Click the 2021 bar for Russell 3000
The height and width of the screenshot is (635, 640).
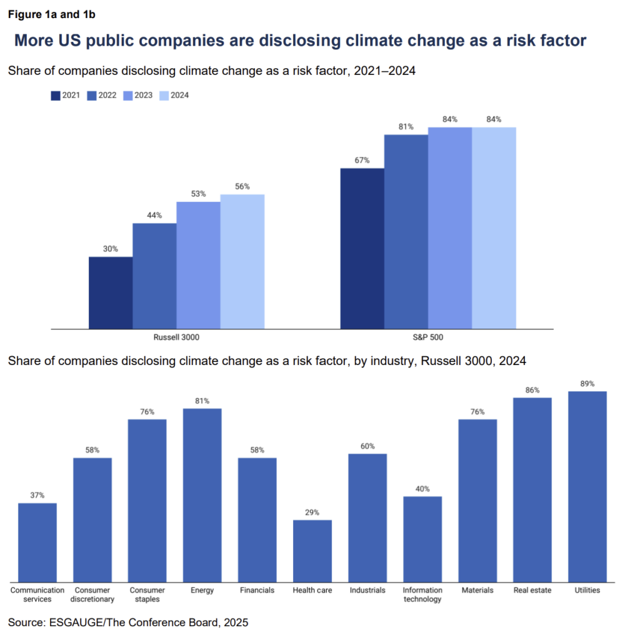click(x=111, y=292)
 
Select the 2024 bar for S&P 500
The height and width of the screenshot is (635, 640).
click(x=494, y=227)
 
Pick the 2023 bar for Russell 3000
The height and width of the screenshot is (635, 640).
click(x=198, y=265)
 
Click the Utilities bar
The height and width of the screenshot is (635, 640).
click(x=587, y=486)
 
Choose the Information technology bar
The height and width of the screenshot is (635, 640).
click(x=422, y=538)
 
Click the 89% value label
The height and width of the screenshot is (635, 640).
click(x=587, y=383)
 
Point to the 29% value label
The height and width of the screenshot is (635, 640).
click(x=312, y=512)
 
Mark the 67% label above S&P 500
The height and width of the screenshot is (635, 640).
click(x=362, y=160)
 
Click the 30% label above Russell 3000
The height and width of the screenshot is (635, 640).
click(x=111, y=249)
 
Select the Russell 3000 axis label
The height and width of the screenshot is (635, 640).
click(x=176, y=337)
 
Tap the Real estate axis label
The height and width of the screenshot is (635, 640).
click(x=532, y=590)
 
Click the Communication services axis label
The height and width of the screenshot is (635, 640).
click(x=37, y=594)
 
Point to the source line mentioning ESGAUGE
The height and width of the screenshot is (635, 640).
click(x=128, y=622)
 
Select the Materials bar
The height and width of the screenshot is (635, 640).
click(x=477, y=499)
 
